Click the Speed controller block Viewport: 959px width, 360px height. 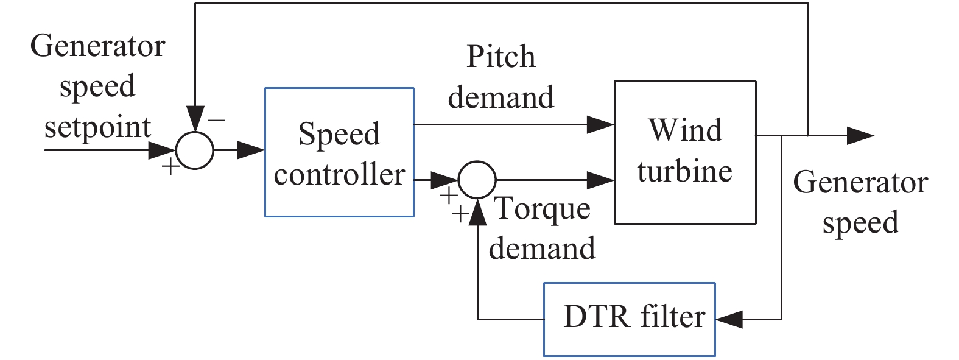[339, 152]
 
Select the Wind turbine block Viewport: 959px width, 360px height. [685, 152]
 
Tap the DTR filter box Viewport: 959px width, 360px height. [629, 319]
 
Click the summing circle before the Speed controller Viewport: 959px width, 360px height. [195, 150]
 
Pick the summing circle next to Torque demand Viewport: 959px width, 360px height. [477, 180]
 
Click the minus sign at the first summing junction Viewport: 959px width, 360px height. [216, 121]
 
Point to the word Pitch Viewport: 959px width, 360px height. [501, 57]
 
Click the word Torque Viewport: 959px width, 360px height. [542, 209]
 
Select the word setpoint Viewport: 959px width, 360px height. [97, 128]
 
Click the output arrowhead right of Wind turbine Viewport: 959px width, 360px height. [860, 135]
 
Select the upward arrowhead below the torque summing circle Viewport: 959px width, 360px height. [477, 211]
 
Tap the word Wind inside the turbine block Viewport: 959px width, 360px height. [685, 130]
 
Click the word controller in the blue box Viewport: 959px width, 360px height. [339, 175]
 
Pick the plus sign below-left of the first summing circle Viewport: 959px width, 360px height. [171, 166]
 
